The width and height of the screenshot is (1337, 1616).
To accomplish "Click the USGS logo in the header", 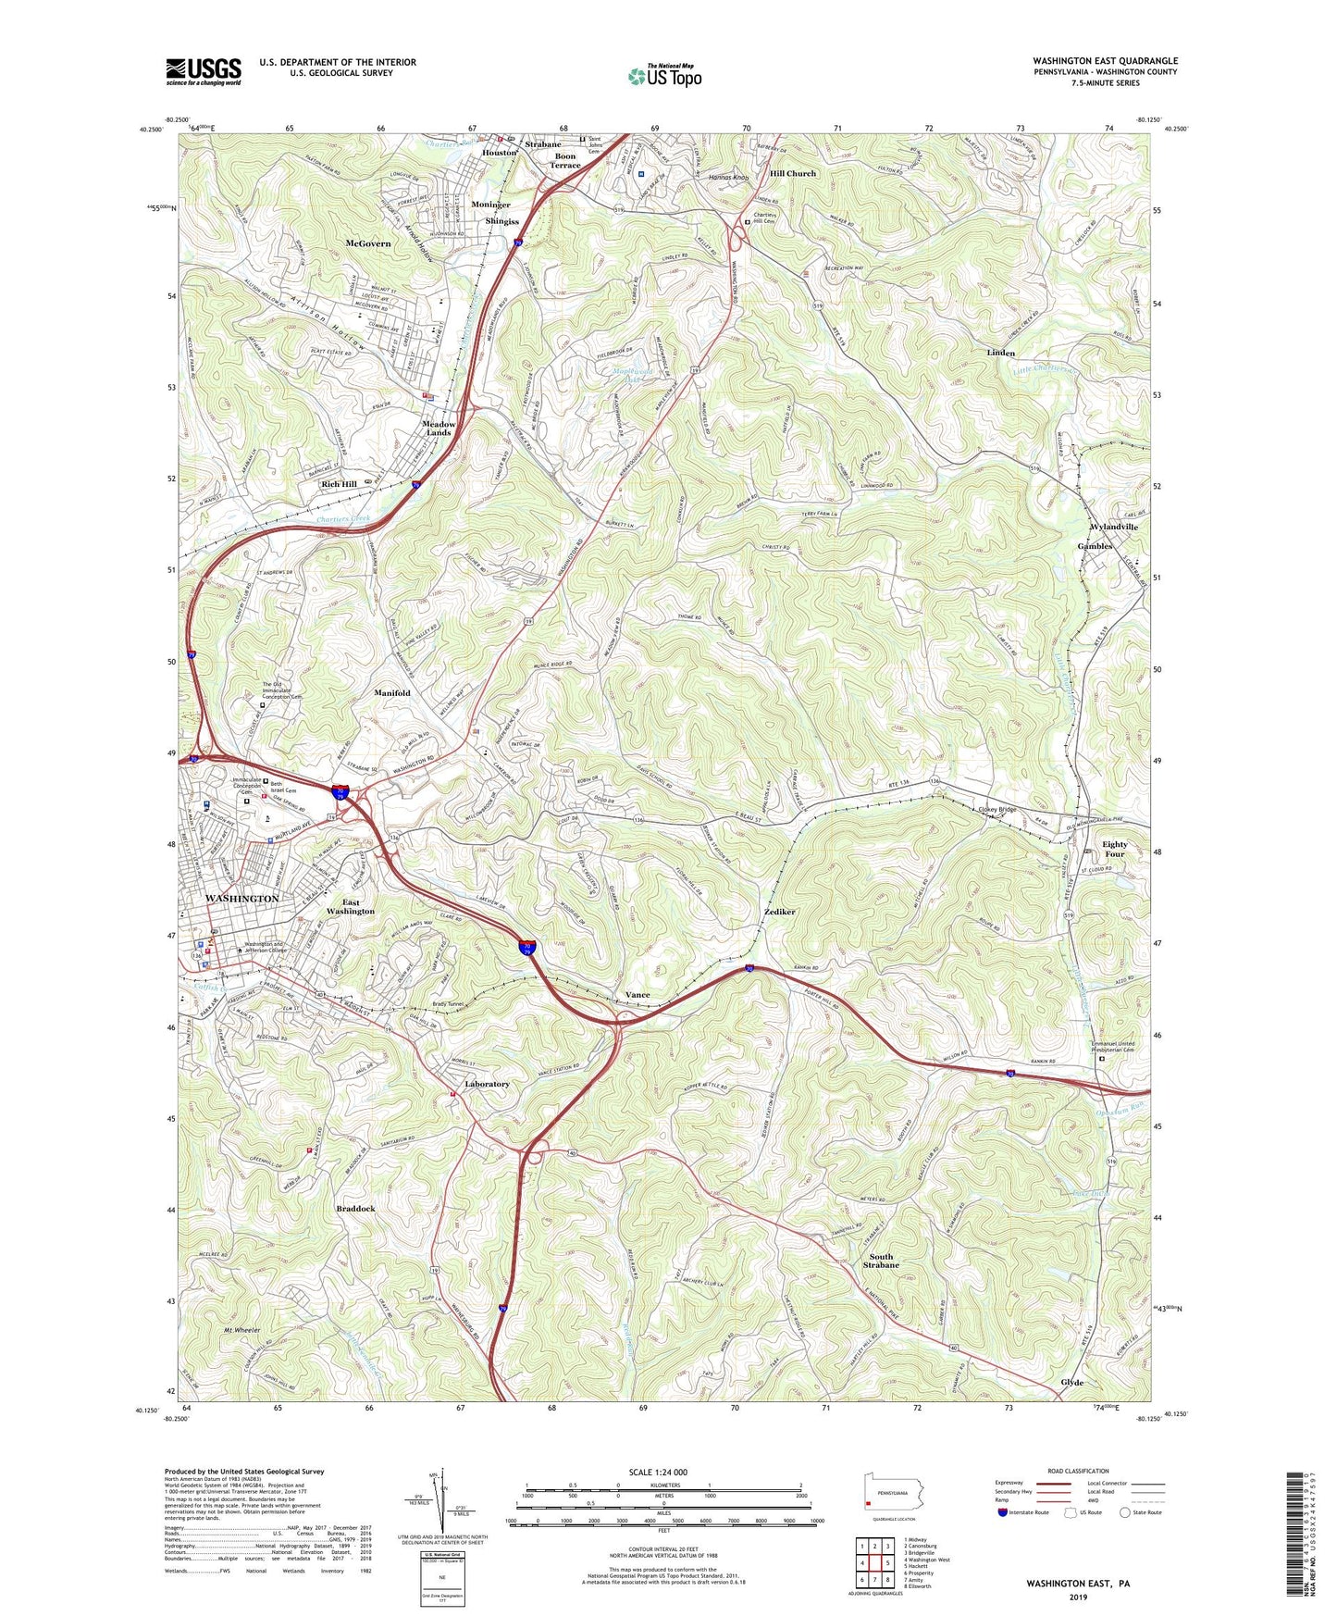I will [204, 71].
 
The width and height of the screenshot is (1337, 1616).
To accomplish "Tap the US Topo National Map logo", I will [663, 76].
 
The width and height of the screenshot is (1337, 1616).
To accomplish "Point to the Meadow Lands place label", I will [439, 429].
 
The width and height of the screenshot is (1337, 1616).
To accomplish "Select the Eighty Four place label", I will [1114, 849].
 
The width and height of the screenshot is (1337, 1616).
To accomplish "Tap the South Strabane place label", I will [881, 1261].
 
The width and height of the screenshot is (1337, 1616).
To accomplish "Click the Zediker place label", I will [780, 912].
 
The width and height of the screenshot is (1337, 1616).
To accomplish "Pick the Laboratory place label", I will [487, 1084].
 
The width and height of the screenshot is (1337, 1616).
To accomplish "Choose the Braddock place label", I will [355, 1209].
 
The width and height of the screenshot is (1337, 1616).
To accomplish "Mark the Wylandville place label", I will [1114, 527].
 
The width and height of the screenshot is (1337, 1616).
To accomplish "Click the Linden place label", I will [1000, 353].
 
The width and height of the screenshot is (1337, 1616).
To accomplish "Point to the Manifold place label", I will [391, 692].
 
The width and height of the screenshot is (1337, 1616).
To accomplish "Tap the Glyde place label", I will [1071, 1382].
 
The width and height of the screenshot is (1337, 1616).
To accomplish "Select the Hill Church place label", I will [793, 173].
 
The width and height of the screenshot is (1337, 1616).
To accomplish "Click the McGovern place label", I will [368, 243].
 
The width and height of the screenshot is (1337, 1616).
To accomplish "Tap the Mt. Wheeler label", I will [242, 1329].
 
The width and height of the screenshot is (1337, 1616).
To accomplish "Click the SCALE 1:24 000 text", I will [657, 1473].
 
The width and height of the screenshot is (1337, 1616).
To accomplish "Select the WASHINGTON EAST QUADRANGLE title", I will [1106, 61].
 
